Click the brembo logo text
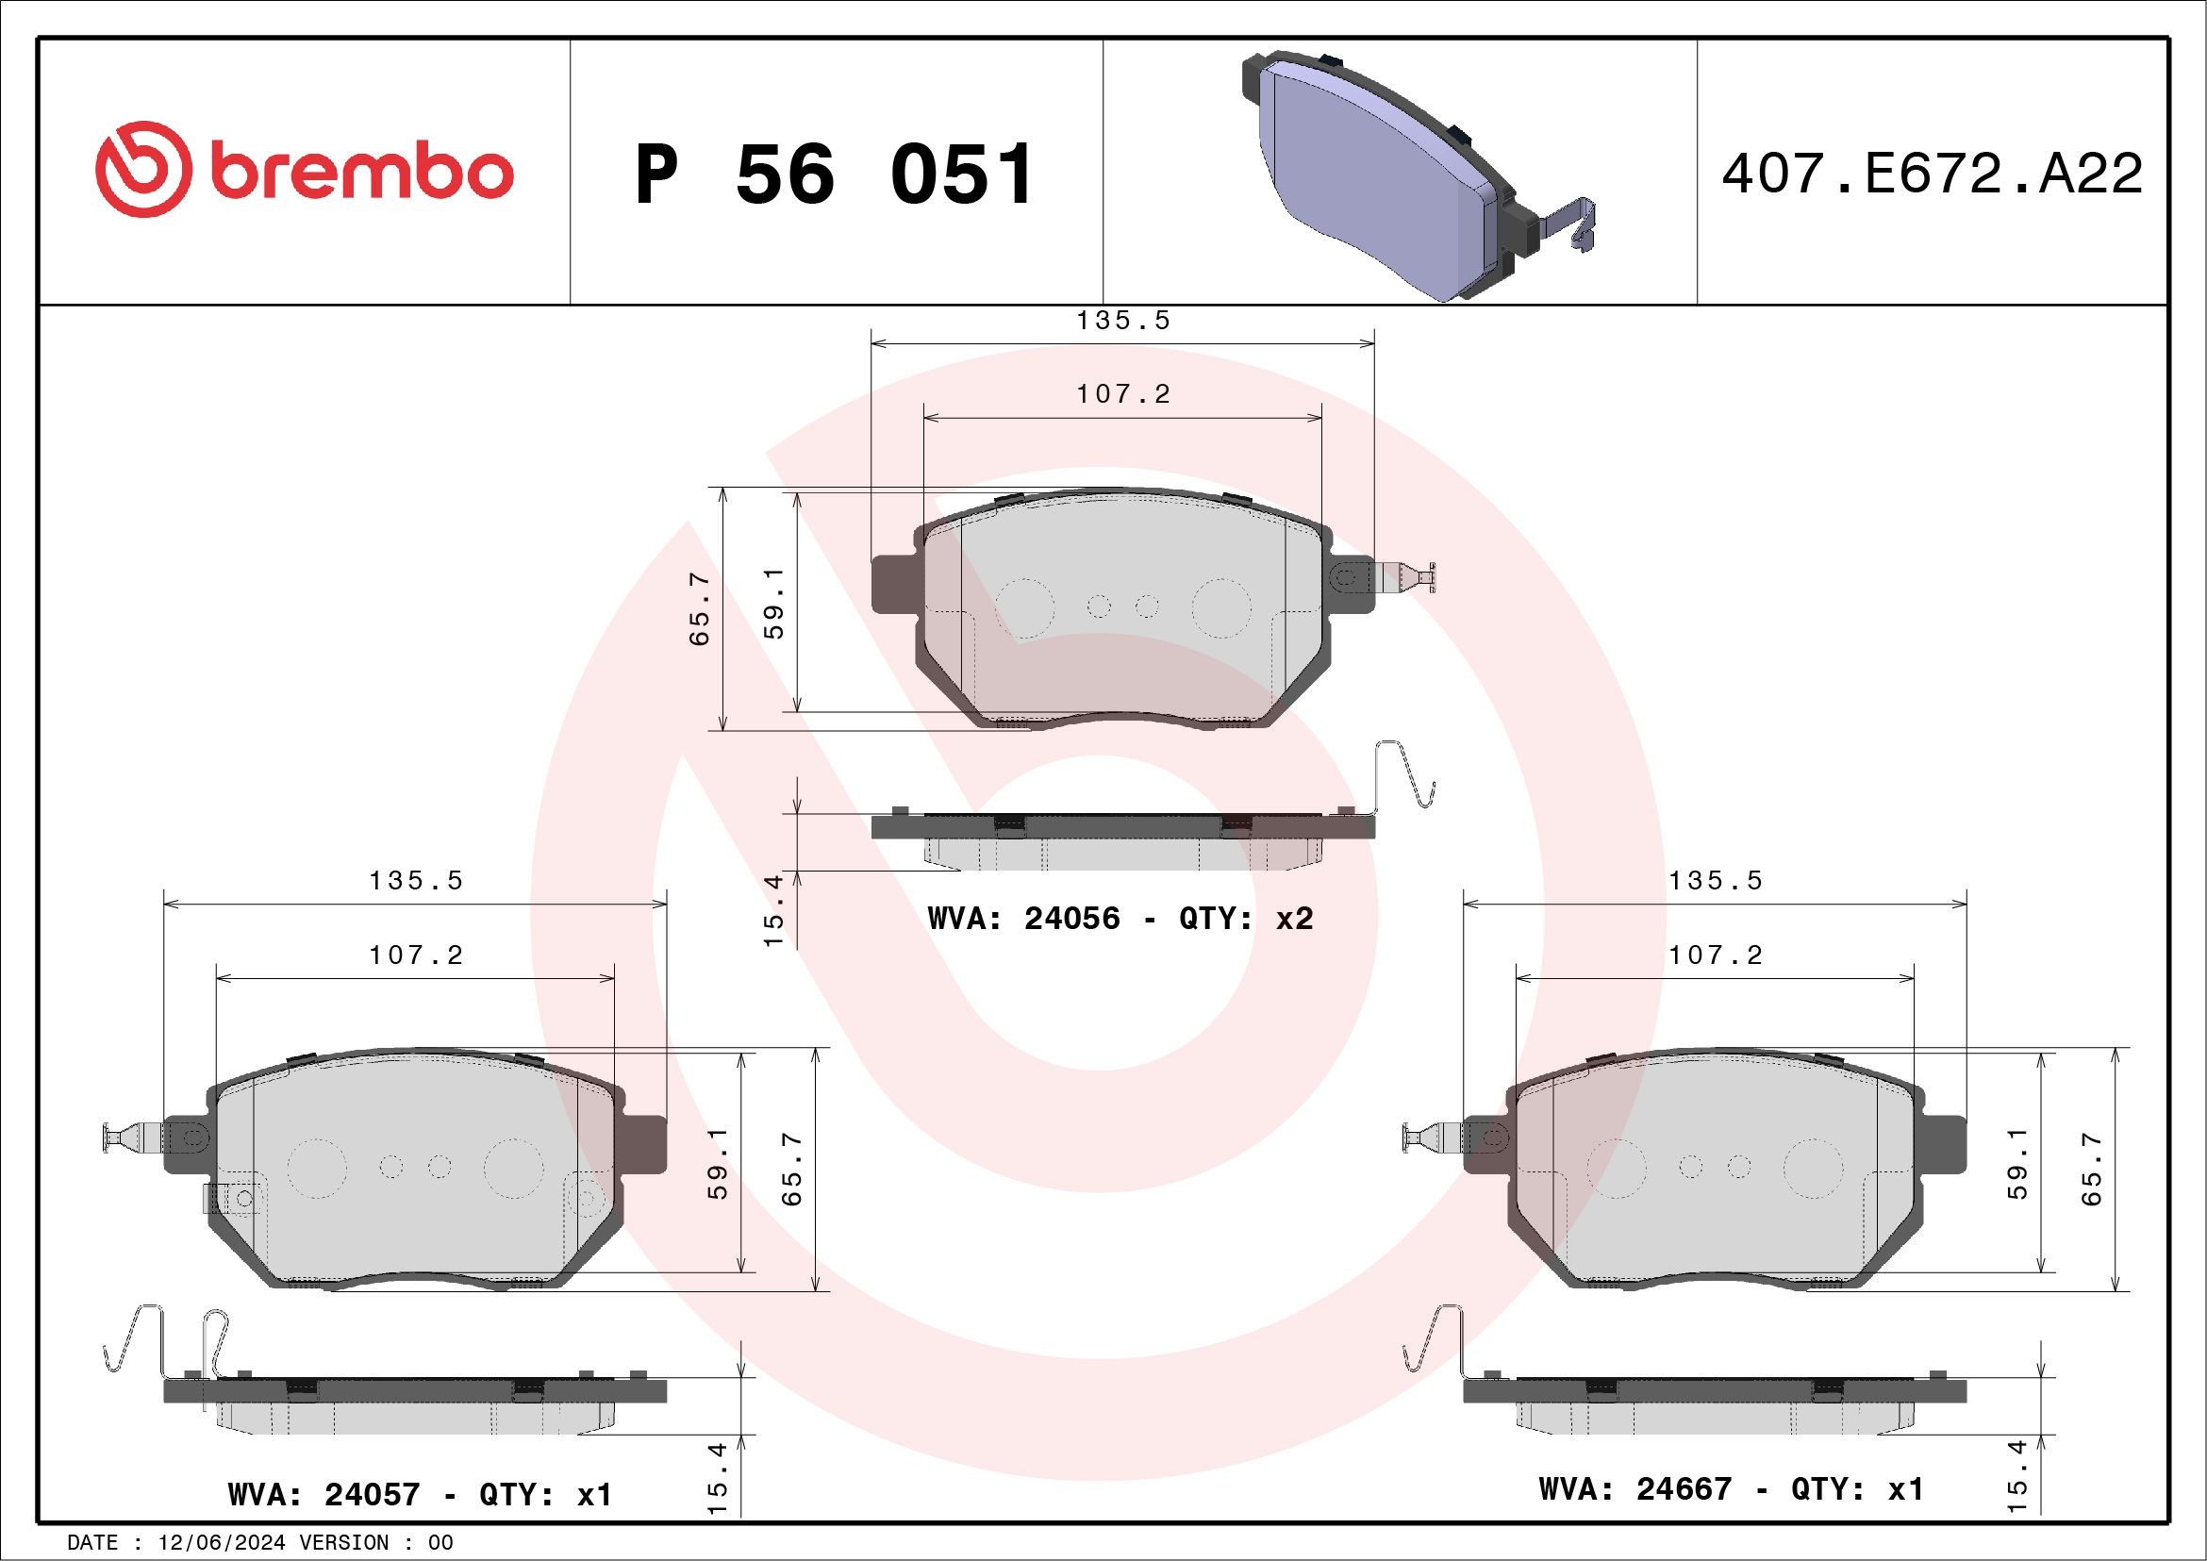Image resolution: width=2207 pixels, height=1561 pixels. (x=360, y=173)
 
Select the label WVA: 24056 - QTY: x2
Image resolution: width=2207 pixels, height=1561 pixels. (x=1120, y=919)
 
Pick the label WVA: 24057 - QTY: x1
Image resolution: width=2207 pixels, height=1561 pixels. (x=419, y=1495)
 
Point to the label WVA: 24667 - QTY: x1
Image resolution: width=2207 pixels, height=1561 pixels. (x=1730, y=1489)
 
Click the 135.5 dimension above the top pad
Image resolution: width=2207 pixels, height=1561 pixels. (x=1121, y=321)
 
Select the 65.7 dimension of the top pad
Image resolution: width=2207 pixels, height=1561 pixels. (x=700, y=608)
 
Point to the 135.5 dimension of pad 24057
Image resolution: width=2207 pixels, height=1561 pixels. (x=415, y=880)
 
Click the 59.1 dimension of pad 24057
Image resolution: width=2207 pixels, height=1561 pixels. (x=717, y=1163)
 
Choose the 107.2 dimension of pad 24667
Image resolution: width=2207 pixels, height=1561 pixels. (x=1715, y=955)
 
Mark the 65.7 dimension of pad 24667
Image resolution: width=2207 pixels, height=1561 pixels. (x=2092, y=1169)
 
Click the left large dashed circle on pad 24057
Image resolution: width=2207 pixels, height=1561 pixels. (x=316, y=1168)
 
